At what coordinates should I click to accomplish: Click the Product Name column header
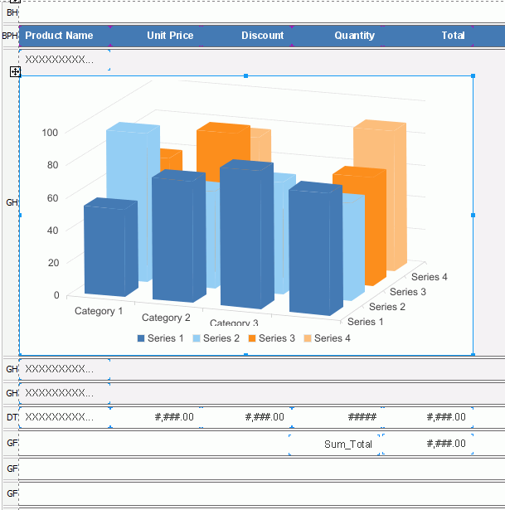point(60,36)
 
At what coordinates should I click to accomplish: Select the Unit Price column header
point(170,36)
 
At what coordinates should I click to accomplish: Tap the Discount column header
point(263,36)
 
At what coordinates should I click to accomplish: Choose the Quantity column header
point(355,36)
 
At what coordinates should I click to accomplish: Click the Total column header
point(453,36)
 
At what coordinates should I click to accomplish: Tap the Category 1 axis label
point(99,311)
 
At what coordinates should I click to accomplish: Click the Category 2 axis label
point(166,318)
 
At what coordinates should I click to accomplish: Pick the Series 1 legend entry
point(161,338)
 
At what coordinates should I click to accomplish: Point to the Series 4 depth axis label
point(430,277)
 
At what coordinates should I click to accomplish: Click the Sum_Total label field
point(347,444)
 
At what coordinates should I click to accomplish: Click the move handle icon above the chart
point(15,72)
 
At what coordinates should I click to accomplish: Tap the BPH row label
point(9,36)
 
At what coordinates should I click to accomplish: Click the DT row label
point(12,417)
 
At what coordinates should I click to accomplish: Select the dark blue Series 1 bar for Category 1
point(109,249)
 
